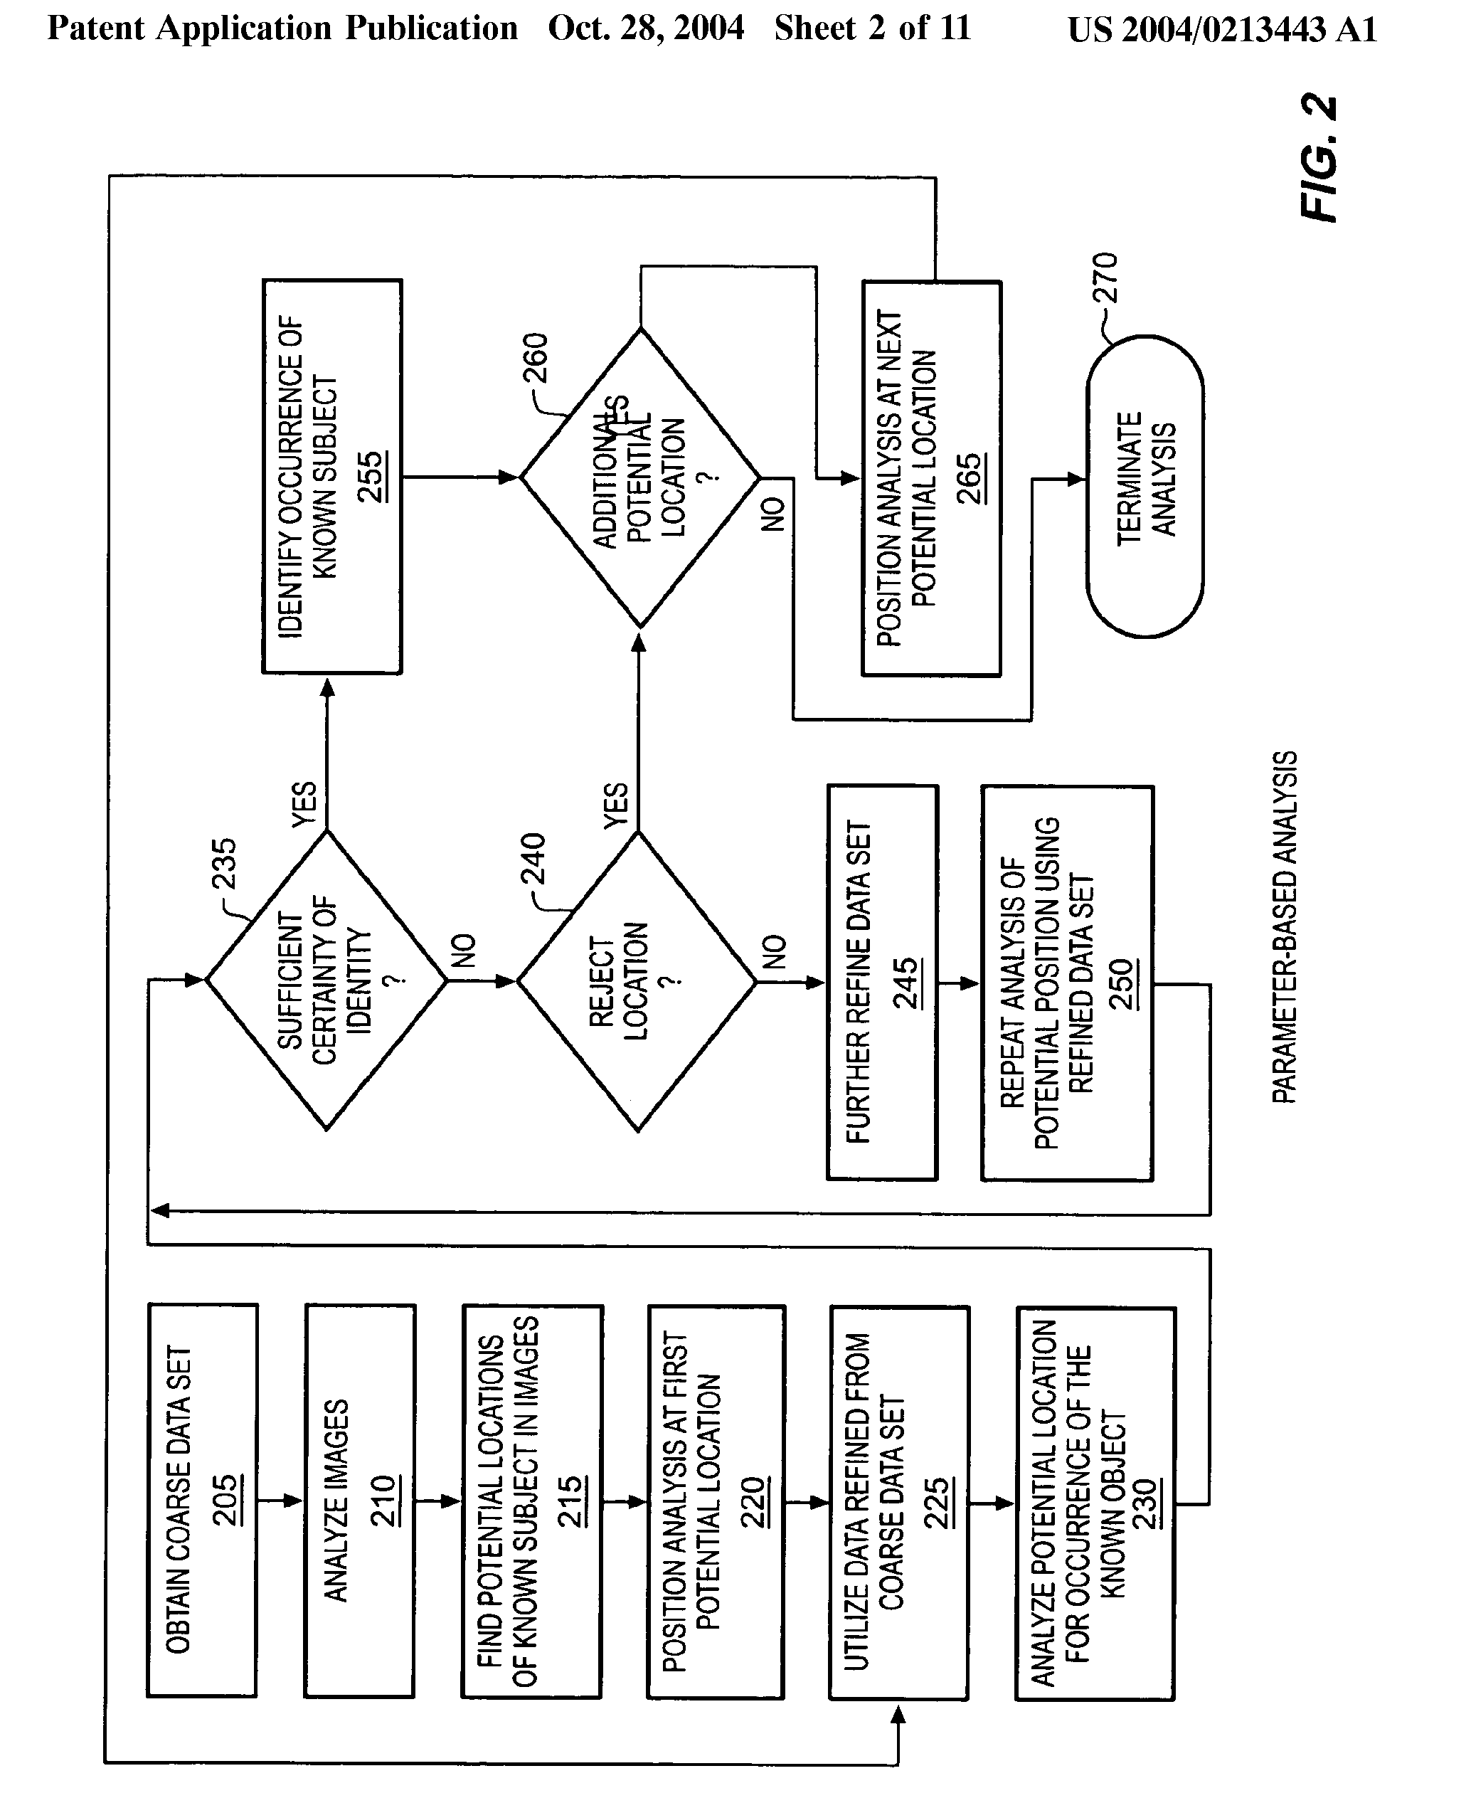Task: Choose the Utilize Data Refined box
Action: point(898,1503)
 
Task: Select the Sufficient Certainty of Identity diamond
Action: point(327,980)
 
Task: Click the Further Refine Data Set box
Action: point(882,982)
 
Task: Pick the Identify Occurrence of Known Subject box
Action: point(332,477)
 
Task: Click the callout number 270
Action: point(1106,277)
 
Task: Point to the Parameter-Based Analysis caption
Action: point(1285,926)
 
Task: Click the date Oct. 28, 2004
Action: point(646,28)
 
